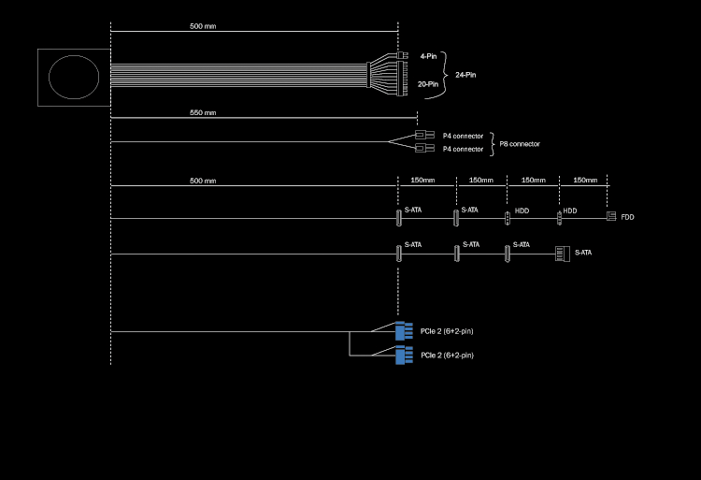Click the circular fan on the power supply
click(x=74, y=77)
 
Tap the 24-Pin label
click(x=465, y=75)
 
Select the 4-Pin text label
click(x=428, y=56)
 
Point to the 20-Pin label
click(x=427, y=84)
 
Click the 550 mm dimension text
click(x=203, y=112)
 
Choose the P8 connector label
click(x=519, y=144)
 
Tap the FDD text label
click(x=627, y=217)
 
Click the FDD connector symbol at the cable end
click(x=611, y=216)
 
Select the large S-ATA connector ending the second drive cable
click(x=562, y=253)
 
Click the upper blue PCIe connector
click(x=404, y=330)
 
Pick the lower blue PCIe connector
click(x=404, y=356)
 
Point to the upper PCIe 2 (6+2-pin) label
click(x=447, y=331)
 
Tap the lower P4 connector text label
click(x=463, y=149)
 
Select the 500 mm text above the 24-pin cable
click(x=203, y=26)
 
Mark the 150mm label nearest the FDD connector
click(x=585, y=180)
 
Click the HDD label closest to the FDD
click(x=570, y=211)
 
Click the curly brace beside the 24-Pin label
click(x=445, y=73)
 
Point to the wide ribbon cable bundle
click(x=238, y=75)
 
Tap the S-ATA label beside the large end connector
click(x=582, y=253)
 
